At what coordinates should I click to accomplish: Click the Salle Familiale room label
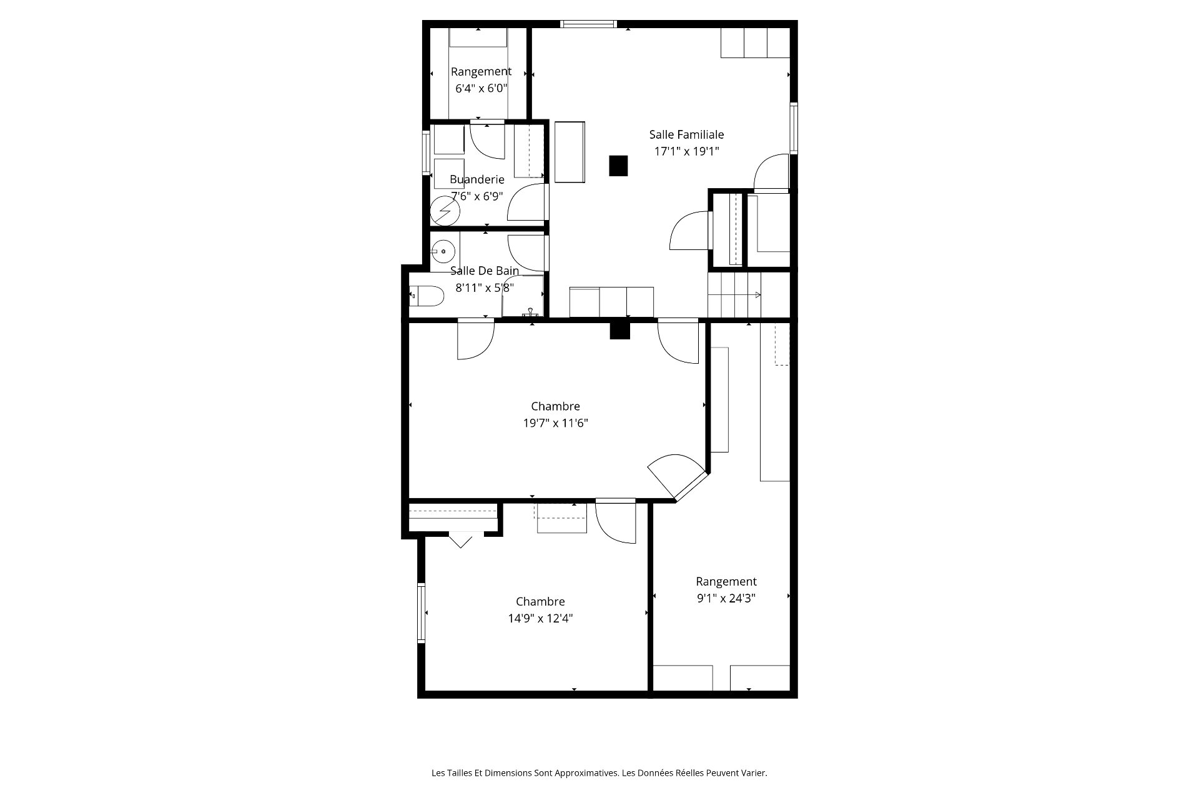686,134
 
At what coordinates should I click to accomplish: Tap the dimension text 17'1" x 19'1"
686,151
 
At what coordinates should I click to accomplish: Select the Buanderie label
477,180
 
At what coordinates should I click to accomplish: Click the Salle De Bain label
485,271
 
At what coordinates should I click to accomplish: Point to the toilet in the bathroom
426,296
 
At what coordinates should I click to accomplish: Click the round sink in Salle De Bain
443,251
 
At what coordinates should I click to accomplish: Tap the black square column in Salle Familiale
618,166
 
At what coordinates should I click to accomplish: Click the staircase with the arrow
734,295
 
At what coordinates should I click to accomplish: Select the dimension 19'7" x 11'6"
556,423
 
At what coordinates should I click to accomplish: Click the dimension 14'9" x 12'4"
541,619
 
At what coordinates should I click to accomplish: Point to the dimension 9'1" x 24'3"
726,598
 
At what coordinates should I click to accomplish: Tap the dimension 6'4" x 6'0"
481,89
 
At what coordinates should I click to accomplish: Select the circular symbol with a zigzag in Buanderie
445,211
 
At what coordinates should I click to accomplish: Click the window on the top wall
588,24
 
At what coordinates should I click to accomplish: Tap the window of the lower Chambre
422,613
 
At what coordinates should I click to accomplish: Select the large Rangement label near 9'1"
726,582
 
